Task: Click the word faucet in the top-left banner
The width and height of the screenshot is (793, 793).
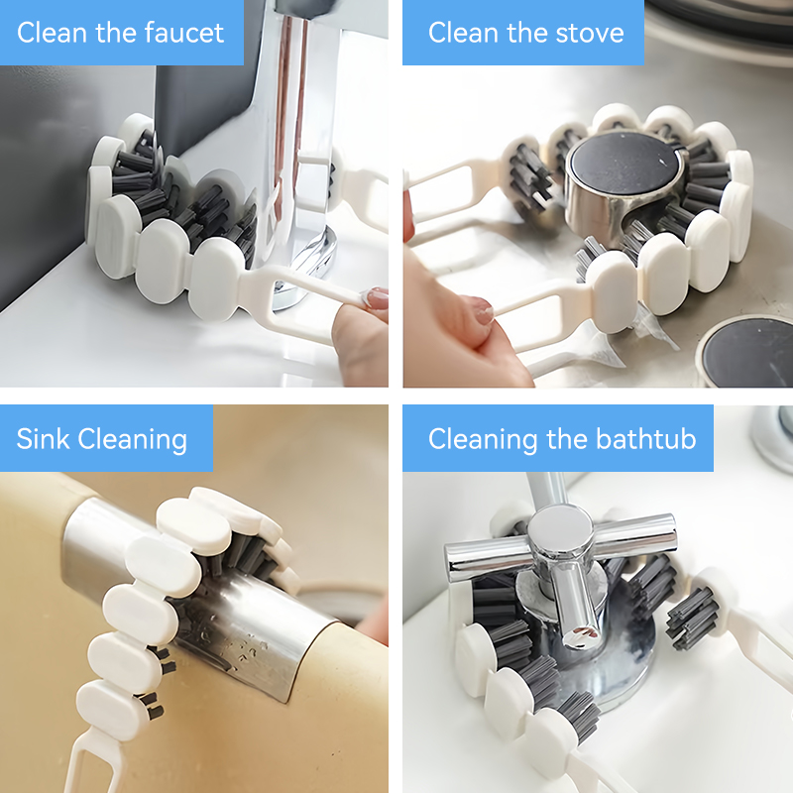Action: click(x=184, y=34)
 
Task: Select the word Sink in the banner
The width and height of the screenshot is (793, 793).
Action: click(x=43, y=438)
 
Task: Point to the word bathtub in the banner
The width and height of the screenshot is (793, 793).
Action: click(x=646, y=438)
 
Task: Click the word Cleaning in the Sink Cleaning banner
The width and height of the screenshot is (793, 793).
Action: click(x=133, y=439)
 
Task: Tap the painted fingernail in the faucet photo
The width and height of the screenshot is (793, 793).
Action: click(x=377, y=297)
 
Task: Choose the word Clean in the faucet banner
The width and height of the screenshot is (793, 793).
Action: click(x=52, y=34)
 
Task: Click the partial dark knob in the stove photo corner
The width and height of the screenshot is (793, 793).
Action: click(x=748, y=351)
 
